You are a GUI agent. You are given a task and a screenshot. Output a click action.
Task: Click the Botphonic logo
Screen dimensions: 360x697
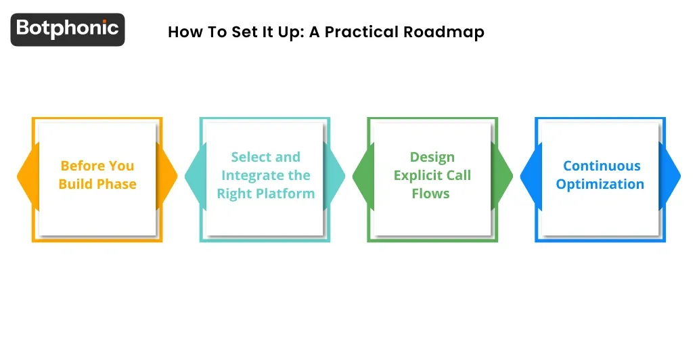pyautogui.click(x=68, y=29)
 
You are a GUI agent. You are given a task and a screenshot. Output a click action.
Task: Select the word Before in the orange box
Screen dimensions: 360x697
pyautogui.click(x=80, y=166)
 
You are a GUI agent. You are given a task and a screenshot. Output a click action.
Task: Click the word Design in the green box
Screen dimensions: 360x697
pyautogui.click(x=432, y=157)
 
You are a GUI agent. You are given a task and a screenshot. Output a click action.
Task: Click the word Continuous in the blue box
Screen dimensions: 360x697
pyautogui.click(x=601, y=166)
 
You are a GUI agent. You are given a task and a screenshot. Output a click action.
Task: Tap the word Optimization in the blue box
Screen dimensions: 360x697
pyautogui.click(x=600, y=184)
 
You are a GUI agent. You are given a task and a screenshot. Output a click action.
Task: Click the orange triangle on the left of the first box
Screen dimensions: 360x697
pyautogui.click(x=25, y=176)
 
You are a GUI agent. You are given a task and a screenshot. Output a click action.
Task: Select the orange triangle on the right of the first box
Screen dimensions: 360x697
pyautogui.click(x=168, y=176)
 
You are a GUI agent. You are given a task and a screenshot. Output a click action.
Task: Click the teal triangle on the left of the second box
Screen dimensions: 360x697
pyautogui.click(x=193, y=176)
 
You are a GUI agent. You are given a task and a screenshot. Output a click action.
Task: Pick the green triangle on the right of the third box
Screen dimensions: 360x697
pyautogui.click(x=504, y=176)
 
